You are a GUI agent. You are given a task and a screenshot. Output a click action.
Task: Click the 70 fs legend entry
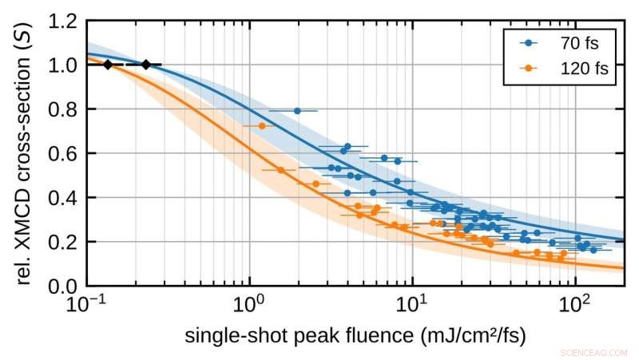[x=563, y=43]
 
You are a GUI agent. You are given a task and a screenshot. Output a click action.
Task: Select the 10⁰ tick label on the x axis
[x=250, y=306]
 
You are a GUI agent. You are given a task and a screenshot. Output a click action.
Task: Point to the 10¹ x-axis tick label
[x=412, y=306]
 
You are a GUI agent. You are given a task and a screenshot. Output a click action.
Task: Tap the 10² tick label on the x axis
[x=574, y=306]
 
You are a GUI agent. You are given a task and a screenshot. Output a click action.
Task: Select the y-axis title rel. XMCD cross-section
[x=22, y=152]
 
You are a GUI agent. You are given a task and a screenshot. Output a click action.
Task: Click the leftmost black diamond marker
[x=108, y=65]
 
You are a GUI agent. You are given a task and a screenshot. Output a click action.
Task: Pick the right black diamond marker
[x=146, y=65]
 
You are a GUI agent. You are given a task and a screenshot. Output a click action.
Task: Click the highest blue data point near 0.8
[x=297, y=111]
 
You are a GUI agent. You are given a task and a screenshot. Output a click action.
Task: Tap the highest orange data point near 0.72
[x=262, y=126]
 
